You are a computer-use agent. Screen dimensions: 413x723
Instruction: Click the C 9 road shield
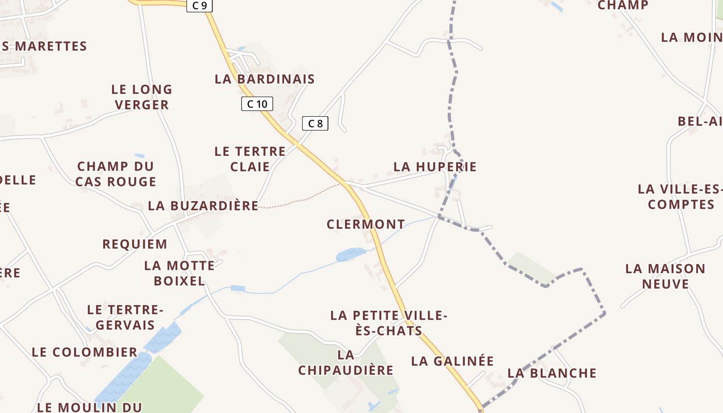[199, 6]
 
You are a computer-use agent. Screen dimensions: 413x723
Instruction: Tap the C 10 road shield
[257, 104]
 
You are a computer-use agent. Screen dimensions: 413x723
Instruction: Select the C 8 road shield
[315, 123]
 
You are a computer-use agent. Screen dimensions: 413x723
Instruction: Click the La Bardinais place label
[264, 79]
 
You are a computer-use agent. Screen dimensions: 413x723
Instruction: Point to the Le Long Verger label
[142, 97]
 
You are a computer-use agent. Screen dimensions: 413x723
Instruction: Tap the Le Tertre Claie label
[250, 159]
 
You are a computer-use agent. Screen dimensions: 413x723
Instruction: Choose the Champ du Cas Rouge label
[116, 174]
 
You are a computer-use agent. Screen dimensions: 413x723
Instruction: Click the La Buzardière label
[203, 205]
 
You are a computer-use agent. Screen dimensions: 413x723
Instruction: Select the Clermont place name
[366, 224]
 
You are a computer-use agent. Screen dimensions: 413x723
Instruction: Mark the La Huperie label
[435, 167]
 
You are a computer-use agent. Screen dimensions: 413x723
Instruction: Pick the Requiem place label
[135, 244]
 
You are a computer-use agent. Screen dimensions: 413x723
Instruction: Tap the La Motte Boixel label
[179, 273]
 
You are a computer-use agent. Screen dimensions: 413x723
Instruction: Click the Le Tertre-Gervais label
[125, 317]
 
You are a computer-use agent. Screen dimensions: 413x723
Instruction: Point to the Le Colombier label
[85, 352]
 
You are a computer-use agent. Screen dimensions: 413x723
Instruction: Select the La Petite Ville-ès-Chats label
[389, 323]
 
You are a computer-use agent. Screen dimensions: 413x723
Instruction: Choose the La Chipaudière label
[345, 362]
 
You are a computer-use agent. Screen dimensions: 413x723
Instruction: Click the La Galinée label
[452, 361]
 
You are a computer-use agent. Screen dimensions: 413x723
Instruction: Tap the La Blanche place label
[552, 373]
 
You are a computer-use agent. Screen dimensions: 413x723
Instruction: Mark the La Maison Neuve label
[665, 276]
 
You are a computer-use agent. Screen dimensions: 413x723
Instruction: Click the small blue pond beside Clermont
[351, 255]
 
